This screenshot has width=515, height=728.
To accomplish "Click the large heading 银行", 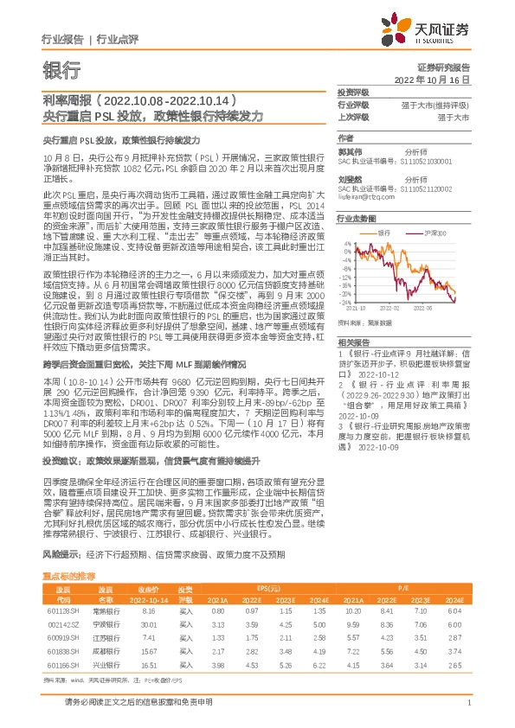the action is (x=61, y=71).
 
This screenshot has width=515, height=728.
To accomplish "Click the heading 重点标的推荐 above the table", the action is (x=69, y=550).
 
